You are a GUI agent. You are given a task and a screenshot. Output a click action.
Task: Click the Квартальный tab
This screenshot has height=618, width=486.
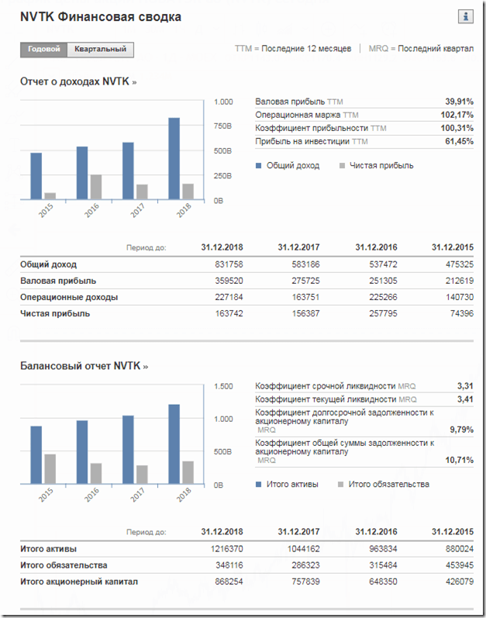tap(101, 50)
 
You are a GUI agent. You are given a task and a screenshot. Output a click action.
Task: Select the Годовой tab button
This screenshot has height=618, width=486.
tap(44, 50)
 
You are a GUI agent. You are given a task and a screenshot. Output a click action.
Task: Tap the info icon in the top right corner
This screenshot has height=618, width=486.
tap(467, 16)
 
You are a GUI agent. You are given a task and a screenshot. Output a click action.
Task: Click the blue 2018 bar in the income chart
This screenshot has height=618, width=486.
tap(174, 159)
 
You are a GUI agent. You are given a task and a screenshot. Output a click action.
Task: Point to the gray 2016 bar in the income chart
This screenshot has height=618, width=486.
tap(96, 187)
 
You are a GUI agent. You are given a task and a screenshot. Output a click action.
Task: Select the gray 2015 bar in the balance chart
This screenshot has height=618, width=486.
tap(50, 469)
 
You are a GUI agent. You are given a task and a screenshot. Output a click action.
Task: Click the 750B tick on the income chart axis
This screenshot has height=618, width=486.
tap(223, 126)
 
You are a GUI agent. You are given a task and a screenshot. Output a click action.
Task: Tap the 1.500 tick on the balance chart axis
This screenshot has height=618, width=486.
tap(223, 386)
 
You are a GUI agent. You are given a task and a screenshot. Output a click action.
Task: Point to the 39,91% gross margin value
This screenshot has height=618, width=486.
tap(459, 102)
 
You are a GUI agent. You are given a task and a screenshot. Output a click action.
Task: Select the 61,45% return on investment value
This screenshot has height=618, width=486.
tap(459, 141)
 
